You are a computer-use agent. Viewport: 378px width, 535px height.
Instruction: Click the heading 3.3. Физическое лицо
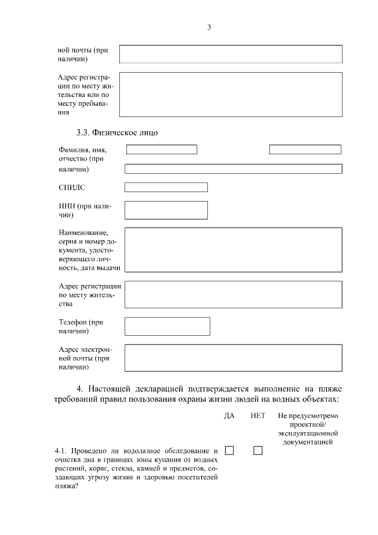click(x=113, y=132)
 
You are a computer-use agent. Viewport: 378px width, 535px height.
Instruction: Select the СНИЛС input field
click(x=166, y=187)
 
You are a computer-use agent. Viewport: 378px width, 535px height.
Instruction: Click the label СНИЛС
click(x=71, y=187)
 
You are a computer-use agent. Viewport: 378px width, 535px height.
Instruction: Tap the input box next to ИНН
click(x=166, y=210)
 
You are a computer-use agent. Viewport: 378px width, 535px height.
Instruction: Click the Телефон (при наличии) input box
click(x=167, y=326)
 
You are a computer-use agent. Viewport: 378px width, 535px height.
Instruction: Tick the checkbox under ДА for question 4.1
click(x=229, y=450)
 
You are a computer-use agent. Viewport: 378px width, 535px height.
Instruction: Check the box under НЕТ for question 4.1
click(x=258, y=450)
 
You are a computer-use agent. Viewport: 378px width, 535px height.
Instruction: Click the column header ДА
click(x=229, y=416)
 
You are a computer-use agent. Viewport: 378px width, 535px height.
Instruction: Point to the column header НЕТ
click(x=258, y=416)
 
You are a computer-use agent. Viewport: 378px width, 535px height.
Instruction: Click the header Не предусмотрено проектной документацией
click(x=308, y=429)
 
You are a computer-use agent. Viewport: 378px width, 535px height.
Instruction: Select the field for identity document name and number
click(x=233, y=249)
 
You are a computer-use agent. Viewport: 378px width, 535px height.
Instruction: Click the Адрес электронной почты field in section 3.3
click(x=233, y=358)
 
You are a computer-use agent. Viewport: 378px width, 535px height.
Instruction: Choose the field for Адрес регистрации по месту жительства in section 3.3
click(x=233, y=294)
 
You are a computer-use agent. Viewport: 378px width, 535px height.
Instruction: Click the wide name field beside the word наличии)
click(x=233, y=169)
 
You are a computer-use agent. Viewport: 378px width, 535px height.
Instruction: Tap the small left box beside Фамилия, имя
click(x=161, y=150)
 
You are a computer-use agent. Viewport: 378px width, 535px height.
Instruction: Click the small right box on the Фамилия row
click(x=305, y=150)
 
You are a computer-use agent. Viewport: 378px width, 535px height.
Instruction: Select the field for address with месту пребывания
click(x=231, y=94)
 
